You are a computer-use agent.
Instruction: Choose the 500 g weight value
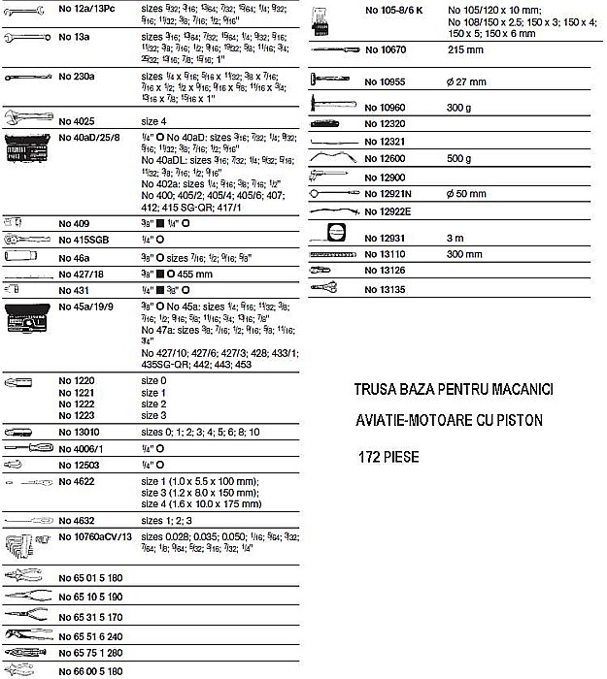460,157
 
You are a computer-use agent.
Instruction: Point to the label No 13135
387,289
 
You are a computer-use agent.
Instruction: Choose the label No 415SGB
84,240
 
